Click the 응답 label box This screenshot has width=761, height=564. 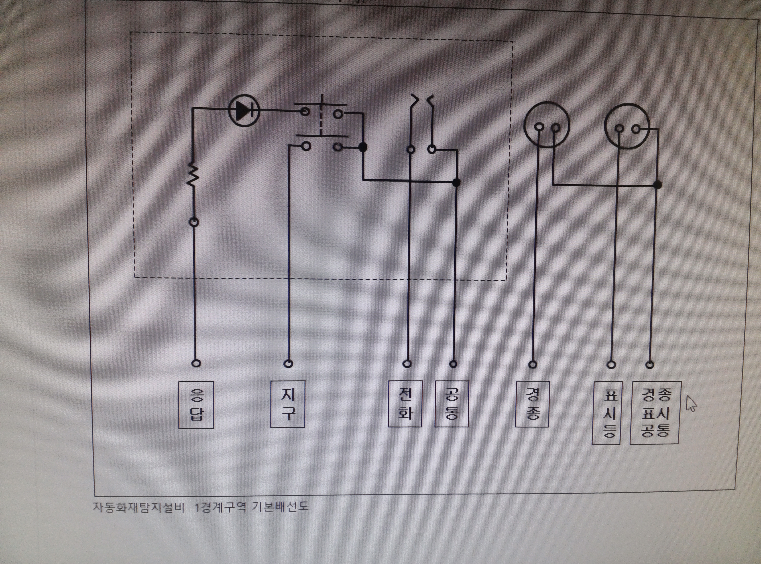[196, 405]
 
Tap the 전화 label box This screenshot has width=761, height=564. [405, 404]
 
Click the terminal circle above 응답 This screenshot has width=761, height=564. [196, 363]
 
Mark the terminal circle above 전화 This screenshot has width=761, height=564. [407, 364]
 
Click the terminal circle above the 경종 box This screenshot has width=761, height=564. [532, 365]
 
